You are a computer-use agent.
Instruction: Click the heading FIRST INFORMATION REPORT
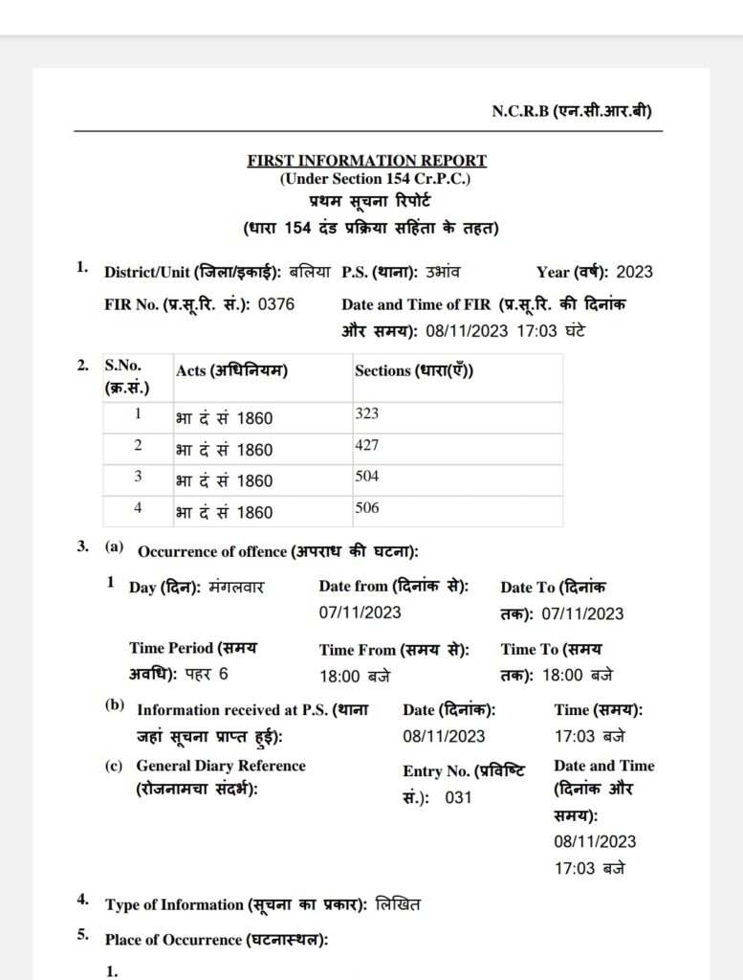pos(366,161)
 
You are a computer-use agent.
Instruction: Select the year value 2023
pos(634,272)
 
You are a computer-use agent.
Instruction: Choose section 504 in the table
pos(367,478)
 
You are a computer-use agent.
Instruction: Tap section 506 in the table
pos(367,509)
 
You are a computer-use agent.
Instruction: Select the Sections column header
pos(414,370)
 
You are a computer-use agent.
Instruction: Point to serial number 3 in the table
pos(138,478)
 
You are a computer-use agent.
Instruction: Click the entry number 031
pos(458,797)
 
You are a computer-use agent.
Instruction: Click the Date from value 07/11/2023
pos(361,612)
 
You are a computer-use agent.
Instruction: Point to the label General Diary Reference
pos(221,766)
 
